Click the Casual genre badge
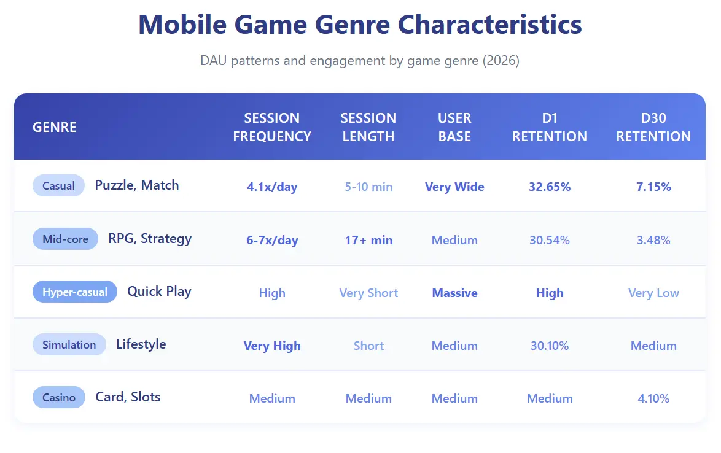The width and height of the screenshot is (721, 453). [58, 185]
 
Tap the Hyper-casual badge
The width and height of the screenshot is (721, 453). [74, 292]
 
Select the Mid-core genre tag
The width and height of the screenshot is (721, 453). [65, 239]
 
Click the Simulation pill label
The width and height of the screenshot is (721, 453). [69, 344]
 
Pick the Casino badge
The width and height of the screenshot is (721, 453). [59, 398]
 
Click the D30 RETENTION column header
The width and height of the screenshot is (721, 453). [653, 127]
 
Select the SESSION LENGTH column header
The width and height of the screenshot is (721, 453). [368, 127]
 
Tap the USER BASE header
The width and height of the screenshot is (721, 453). [454, 127]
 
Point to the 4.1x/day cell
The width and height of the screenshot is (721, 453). [272, 187]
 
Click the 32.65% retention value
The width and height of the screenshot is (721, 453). [550, 187]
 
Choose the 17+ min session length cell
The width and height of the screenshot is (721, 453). [368, 240]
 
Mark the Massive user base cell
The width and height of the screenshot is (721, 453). [454, 293]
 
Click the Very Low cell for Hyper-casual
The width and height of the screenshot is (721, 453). [653, 293]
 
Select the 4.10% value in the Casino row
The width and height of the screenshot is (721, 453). [653, 398]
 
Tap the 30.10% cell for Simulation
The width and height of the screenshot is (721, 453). [550, 346]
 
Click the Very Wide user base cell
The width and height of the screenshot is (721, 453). [454, 187]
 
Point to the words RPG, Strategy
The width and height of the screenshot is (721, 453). [150, 239]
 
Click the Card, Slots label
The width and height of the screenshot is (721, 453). [128, 397]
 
